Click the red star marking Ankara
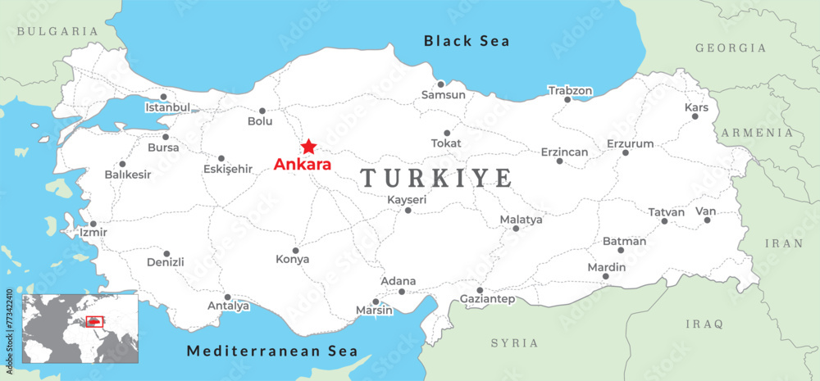(x=308, y=147)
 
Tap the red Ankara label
(x=302, y=165)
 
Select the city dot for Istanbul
(x=163, y=97)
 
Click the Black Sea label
(x=467, y=41)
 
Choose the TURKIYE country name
(x=437, y=178)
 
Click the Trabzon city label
(x=570, y=90)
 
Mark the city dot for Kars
(x=695, y=116)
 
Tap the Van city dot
(x=707, y=220)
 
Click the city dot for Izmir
(x=93, y=224)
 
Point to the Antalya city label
(x=228, y=306)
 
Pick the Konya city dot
(x=295, y=251)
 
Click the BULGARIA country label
(x=57, y=31)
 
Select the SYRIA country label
(x=514, y=343)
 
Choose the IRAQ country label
(x=704, y=324)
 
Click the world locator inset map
(x=80, y=329)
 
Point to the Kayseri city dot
(x=408, y=211)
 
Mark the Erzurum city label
(x=630, y=143)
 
